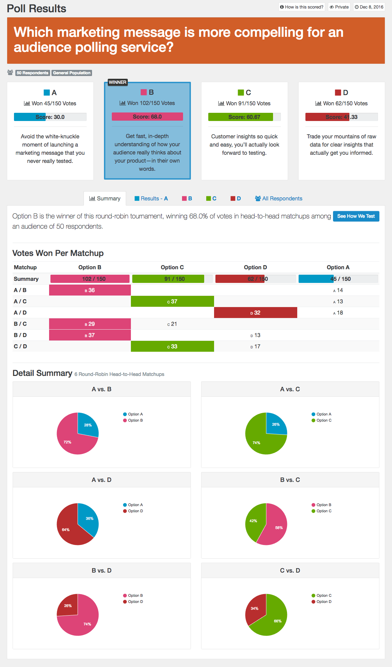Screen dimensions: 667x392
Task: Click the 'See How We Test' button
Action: (356, 216)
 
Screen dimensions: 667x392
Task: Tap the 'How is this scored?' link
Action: (302, 7)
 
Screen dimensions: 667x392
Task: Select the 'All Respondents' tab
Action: (278, 198)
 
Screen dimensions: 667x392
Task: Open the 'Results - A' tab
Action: (151, 198)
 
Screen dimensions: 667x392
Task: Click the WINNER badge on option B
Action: (118, 82)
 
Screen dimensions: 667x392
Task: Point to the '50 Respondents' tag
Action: (33, 73)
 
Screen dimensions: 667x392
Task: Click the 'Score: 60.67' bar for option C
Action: (244, 117)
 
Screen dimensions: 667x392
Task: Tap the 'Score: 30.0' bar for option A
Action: (50, 117)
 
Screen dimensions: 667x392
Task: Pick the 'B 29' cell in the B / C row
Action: (90, 324)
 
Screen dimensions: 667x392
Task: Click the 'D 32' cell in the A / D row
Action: (255, 313)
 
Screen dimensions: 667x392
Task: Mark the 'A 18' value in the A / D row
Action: (338, 313)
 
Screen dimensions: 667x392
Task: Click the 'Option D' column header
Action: (255, 267)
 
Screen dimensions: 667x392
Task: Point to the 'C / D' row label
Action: (20, 346)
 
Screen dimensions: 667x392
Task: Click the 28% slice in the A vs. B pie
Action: (87, 425)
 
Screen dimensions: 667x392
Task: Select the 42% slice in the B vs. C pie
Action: (254, 521)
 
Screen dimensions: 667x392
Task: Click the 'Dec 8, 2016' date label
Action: (369, 7)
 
